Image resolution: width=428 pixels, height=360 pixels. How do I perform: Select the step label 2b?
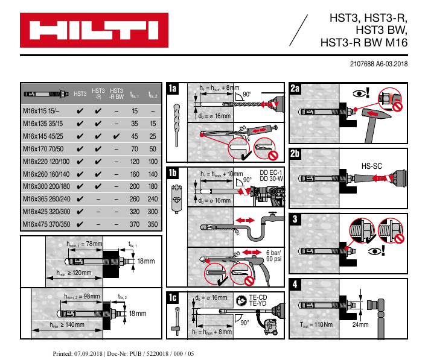(295, 154)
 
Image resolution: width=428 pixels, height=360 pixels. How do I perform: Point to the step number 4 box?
(295, 283)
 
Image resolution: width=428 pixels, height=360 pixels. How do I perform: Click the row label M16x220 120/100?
(46, 161)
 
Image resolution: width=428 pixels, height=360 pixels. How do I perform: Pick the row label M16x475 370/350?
(46, 224)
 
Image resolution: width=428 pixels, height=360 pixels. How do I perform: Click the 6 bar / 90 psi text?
(273, 256)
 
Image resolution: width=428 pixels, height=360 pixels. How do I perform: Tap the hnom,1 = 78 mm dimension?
(85, 244)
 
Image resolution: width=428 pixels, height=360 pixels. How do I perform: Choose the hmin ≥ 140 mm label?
(66, 324)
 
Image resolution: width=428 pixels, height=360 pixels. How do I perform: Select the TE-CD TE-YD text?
(258, 300)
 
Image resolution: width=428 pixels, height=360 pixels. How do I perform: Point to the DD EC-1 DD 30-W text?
(271, 175)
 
